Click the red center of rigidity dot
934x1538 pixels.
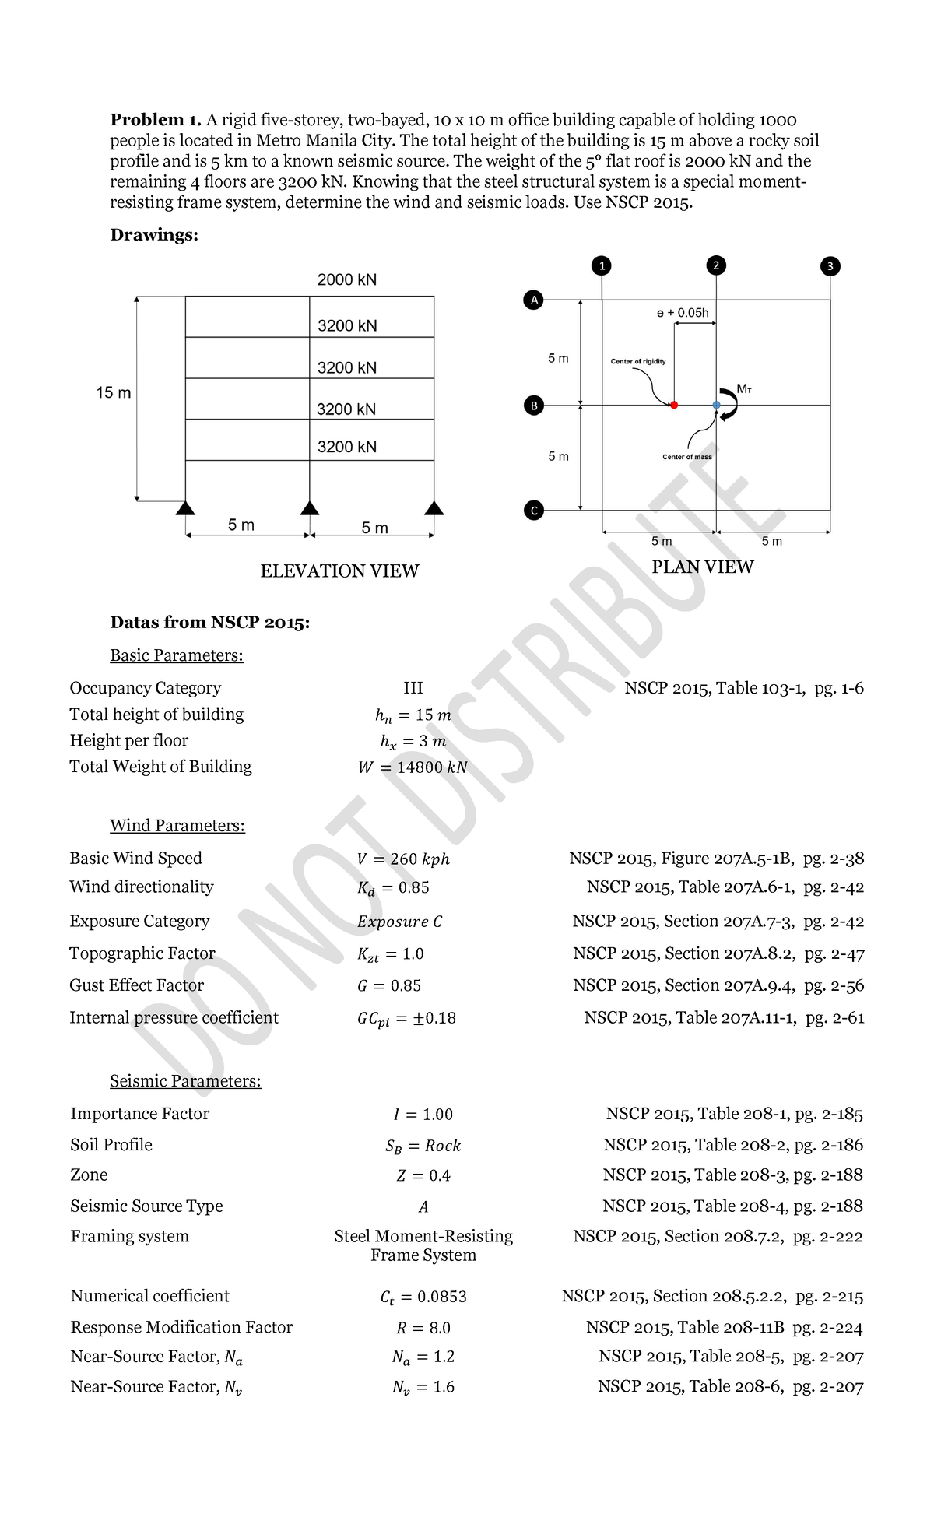674,405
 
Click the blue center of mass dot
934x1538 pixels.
716,405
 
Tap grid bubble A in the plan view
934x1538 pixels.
533,300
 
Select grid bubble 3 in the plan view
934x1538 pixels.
830,266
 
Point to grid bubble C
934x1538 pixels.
533,511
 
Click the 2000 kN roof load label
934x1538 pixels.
347,279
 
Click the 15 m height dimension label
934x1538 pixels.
114,393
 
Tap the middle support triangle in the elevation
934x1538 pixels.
310,508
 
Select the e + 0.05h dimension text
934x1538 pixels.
683,313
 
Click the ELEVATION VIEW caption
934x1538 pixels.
339,571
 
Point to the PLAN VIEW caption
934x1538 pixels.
702,567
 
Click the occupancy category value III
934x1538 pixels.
413,688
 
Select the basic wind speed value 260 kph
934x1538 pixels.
403,859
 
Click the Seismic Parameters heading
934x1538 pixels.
185,1081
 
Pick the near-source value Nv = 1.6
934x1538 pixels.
423,1387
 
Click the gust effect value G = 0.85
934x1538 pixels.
388,986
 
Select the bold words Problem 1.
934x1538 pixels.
156,120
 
